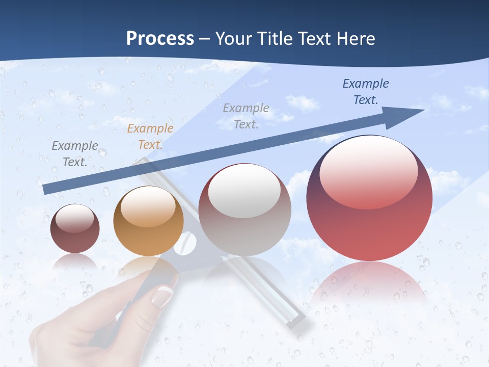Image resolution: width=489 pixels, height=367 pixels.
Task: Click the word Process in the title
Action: [x=160, y=39]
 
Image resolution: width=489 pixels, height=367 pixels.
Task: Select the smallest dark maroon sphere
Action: [x=75, y=228]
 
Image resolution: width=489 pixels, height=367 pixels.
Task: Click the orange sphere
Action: [x=148, y=221]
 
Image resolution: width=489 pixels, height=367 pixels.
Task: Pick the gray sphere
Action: [x=244, y=209]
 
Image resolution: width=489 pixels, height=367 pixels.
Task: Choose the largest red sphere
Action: [x=369, y=198]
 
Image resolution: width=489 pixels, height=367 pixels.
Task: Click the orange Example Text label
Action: [x=150, y=137]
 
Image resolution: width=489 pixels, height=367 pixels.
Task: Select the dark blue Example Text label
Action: [x=366, y=92]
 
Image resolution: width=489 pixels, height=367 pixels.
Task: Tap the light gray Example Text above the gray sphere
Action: [x=246, y=116]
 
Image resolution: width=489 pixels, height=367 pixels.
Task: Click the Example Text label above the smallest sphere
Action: [x=75, y=154]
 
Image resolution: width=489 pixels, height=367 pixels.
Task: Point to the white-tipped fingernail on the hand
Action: [x=163, y=296]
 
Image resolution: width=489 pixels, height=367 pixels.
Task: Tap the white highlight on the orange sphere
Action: [x=148, y=207]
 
